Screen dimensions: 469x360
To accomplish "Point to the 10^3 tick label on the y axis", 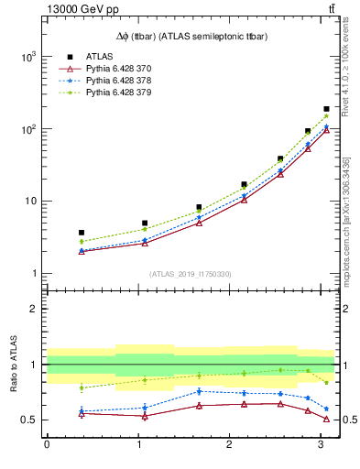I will [x=28, y=57].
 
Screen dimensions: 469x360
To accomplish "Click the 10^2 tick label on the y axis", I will [x=28, y=129].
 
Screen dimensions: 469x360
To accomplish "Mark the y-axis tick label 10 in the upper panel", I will [x=30, y=202].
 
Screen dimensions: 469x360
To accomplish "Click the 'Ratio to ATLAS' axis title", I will [x=14, y=364].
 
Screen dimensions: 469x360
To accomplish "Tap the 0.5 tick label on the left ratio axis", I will [x=29, y=420].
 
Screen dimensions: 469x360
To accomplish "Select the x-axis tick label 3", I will [x=317, y=445].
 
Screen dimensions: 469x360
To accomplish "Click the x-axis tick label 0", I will [x=47, y=445].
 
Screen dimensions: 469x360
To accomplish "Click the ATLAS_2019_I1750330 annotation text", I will [x=191, y=274].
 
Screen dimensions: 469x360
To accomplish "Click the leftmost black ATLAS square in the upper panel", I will [x=82, y=233].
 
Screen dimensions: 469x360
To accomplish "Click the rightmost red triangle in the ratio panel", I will [x=326, y=419].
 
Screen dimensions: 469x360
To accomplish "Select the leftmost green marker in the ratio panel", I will [x=82, y=387].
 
